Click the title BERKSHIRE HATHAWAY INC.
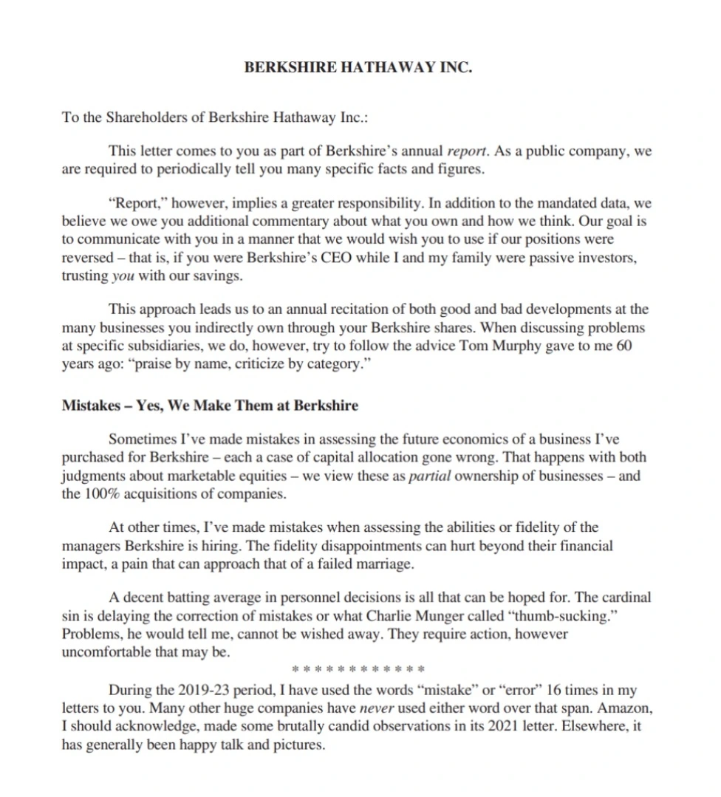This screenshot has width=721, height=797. [358, 67]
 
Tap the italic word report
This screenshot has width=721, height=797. [467, 152]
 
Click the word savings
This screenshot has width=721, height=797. [222, 276]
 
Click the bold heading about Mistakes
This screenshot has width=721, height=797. [210, 406]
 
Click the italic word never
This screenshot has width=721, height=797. [383, 708]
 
